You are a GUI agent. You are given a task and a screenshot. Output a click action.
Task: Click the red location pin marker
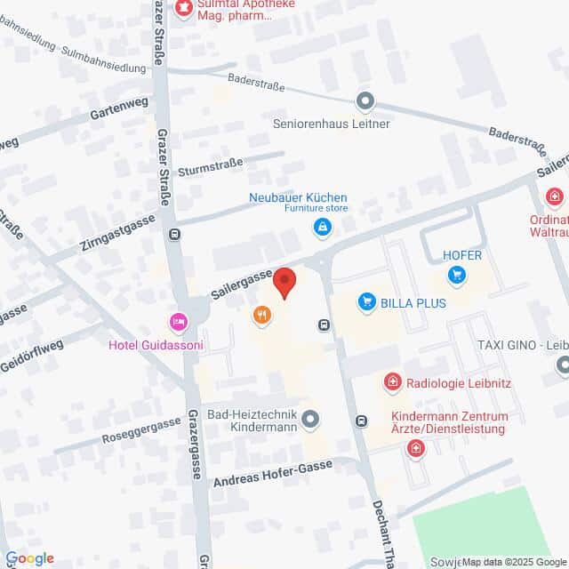click(284, 282)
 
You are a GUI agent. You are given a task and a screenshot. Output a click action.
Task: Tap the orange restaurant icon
click(261, 314)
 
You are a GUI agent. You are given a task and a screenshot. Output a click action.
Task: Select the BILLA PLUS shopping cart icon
click(365, 303)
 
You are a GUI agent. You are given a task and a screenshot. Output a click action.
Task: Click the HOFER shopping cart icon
click(458, 274)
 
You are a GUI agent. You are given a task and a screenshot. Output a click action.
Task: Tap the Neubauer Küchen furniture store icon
click(321, 228)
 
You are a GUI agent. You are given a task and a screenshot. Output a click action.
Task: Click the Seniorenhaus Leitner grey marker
click(364, 100)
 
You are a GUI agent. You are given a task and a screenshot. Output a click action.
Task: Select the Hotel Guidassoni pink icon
click(179, 322)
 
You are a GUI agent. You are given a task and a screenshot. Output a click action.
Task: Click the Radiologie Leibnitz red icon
click(391, 382)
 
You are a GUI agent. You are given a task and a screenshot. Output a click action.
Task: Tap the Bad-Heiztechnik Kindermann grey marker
click(310, 417)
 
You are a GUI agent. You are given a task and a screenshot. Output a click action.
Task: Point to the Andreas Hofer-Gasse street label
click(273, 473)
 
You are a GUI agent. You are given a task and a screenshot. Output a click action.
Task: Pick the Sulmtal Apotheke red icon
click(184, 8)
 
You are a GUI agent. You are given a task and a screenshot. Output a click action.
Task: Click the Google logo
click(29, 558)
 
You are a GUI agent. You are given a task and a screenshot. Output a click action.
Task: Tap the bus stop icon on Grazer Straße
click(174, 235)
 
